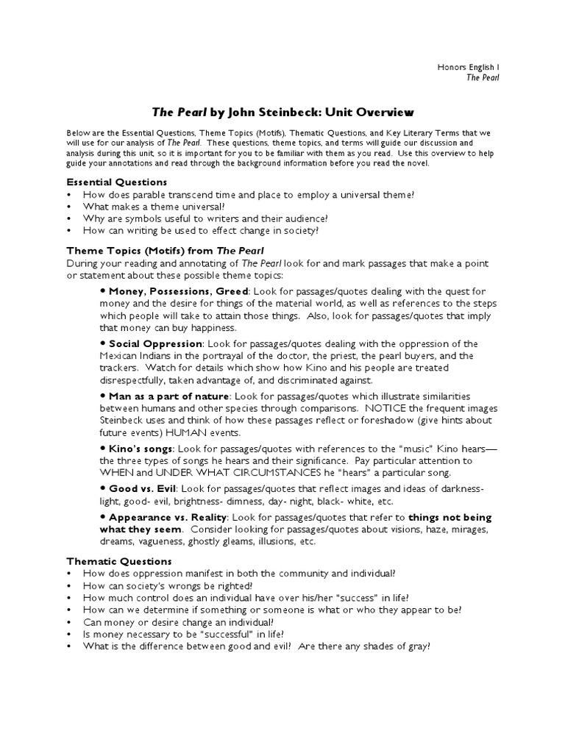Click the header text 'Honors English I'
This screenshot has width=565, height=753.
tap(468, 68)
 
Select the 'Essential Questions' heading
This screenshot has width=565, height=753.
tap(117, 182)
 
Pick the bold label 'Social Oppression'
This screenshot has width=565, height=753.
tap(155, 343)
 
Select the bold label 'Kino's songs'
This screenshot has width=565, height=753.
tap(141, 447)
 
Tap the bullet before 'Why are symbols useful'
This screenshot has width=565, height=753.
tap(69, 219)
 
